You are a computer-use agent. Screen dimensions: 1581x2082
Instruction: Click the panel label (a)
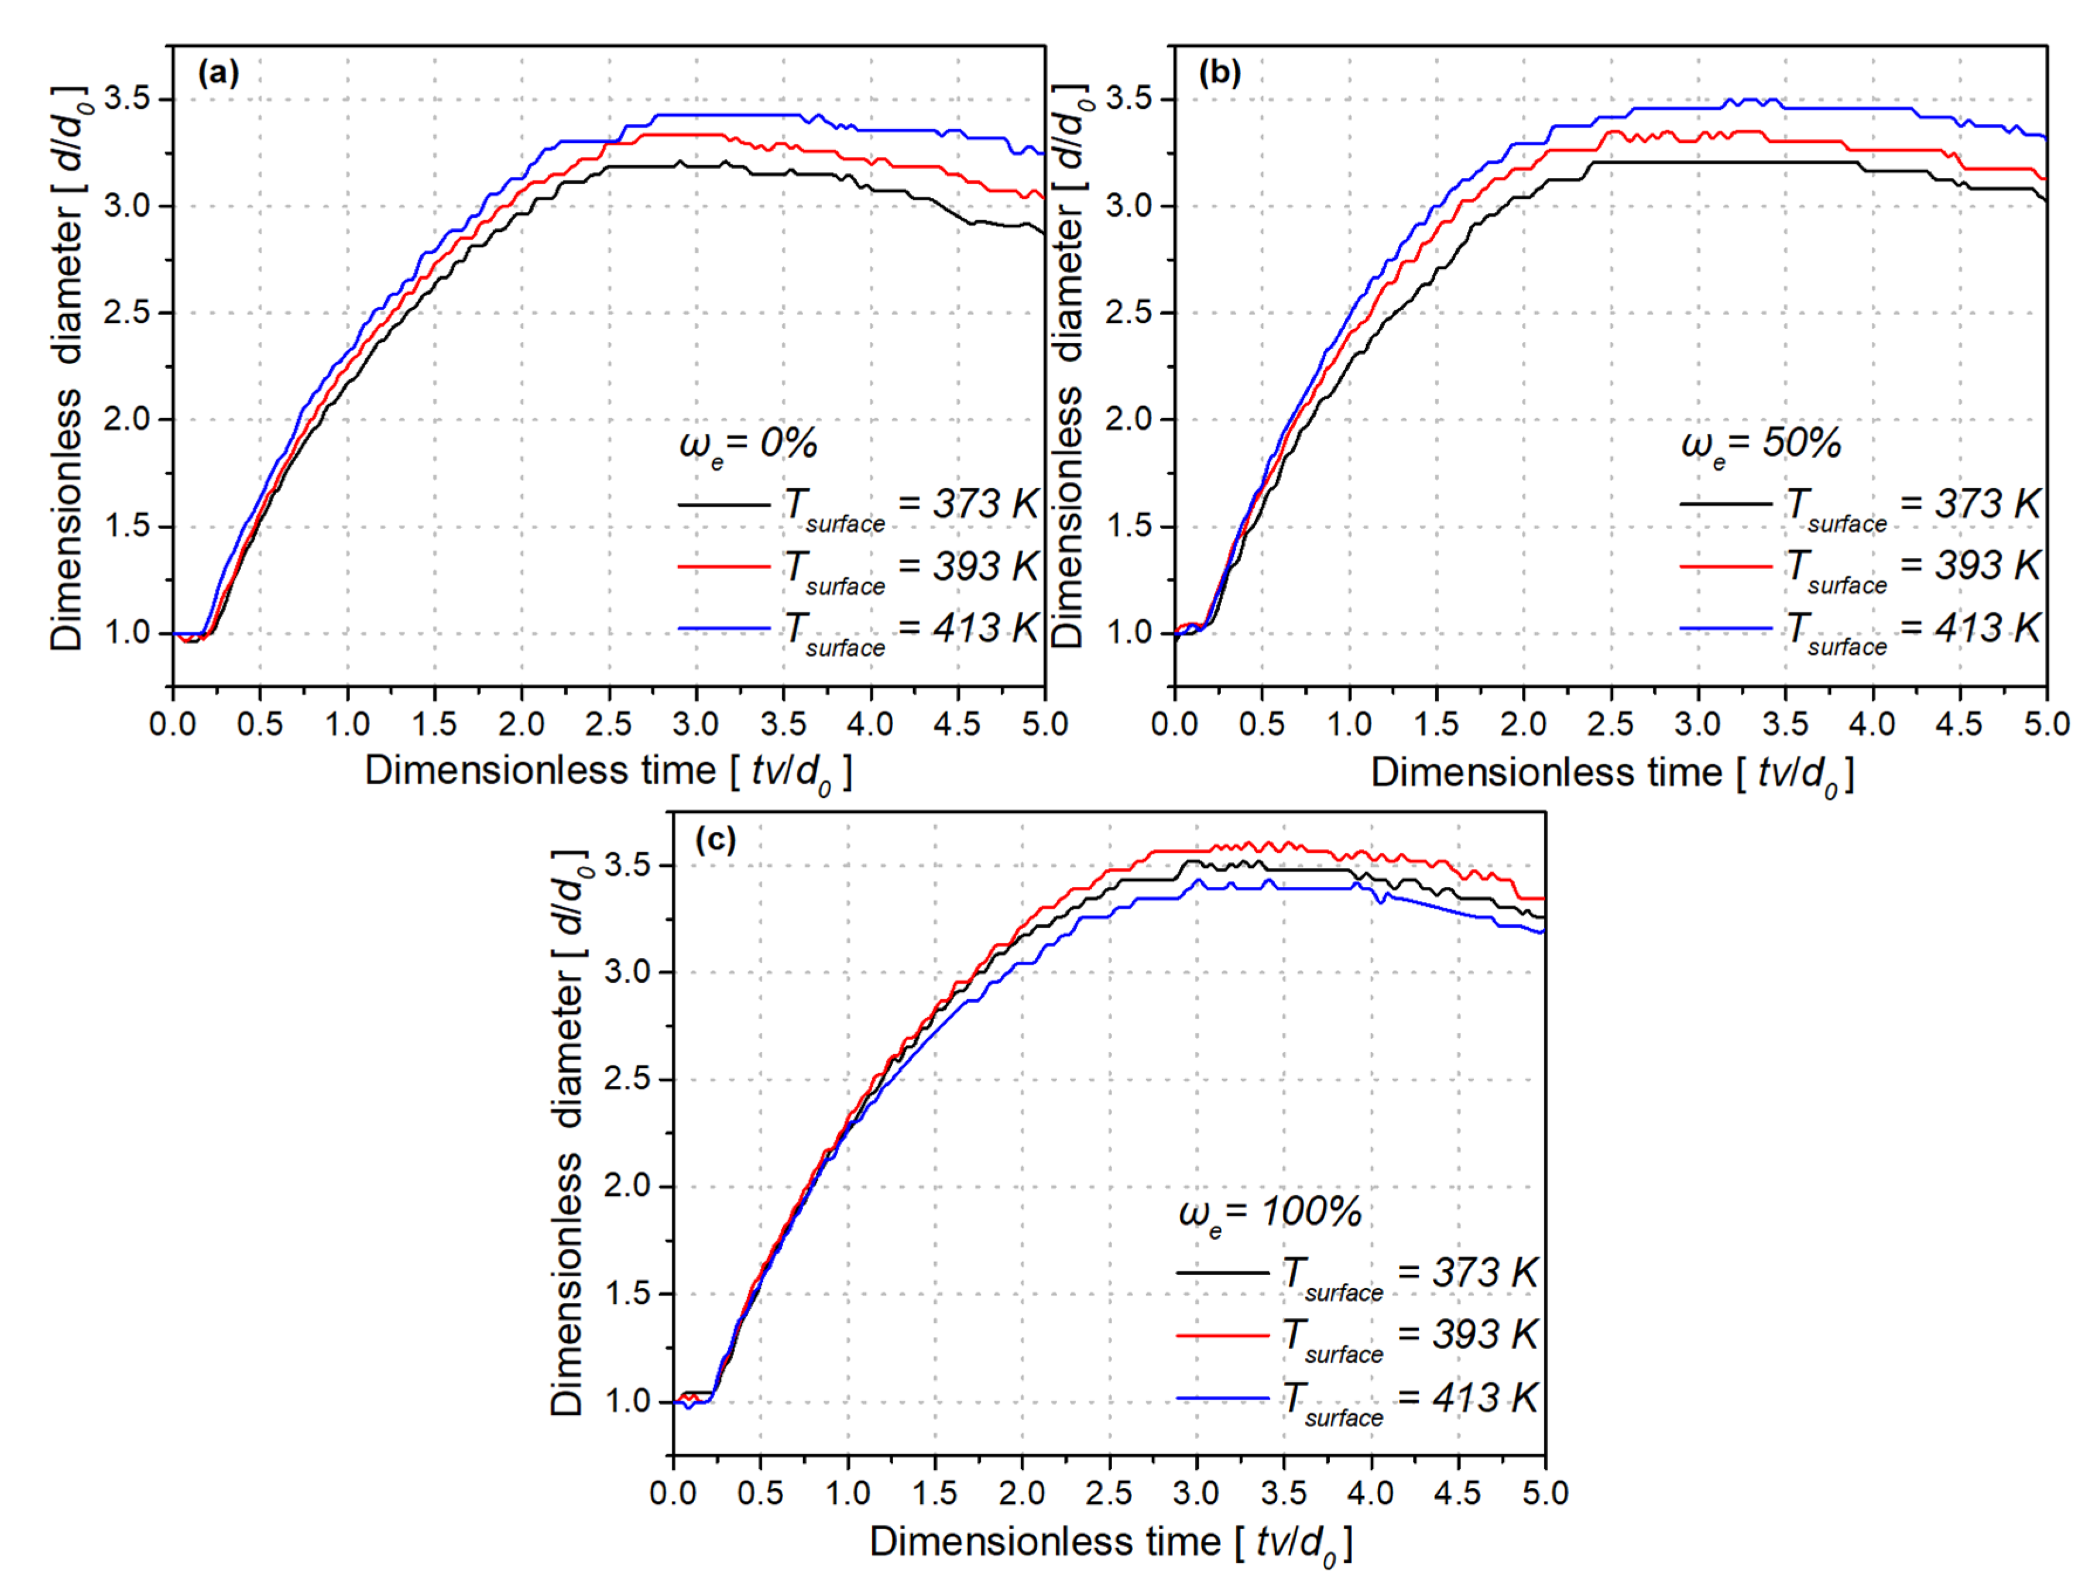[218, 73]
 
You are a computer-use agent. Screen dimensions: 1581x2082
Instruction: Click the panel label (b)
[1220, 73]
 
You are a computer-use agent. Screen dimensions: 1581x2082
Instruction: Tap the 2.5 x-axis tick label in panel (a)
[609, 725]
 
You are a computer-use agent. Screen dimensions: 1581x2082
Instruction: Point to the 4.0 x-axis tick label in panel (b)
[1872, 725]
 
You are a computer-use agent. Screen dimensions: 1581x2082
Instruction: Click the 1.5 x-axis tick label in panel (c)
[935, 1493]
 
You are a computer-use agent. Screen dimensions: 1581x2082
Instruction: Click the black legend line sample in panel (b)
[1726, 505]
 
